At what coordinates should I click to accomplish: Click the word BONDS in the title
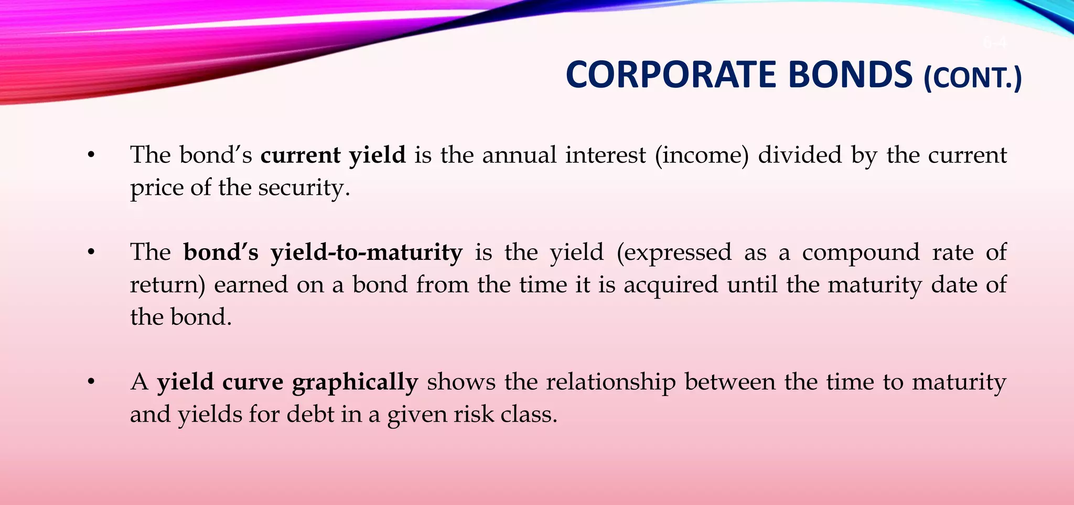850,75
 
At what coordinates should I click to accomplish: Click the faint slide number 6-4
994,43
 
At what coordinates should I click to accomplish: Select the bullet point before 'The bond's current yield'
91,156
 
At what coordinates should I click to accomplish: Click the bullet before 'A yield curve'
91,382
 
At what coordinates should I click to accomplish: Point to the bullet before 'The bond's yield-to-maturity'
91,253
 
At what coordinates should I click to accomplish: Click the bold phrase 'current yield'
333,156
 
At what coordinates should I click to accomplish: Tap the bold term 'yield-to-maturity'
367,253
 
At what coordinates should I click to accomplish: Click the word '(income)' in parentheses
701,156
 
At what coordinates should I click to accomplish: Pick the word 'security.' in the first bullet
304,188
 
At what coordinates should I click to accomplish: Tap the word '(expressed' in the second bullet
673,253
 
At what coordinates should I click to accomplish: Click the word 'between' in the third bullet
729,382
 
